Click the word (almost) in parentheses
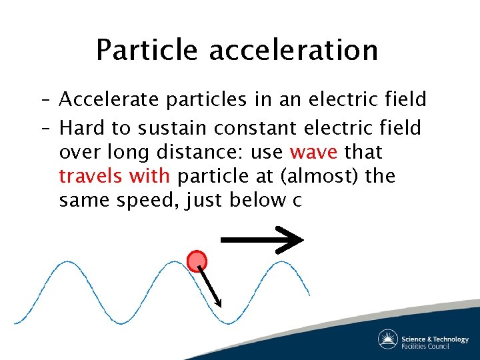(321, 177)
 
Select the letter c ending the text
(297, 201)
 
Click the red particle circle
(197, 261)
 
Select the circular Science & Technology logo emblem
(388, 339)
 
